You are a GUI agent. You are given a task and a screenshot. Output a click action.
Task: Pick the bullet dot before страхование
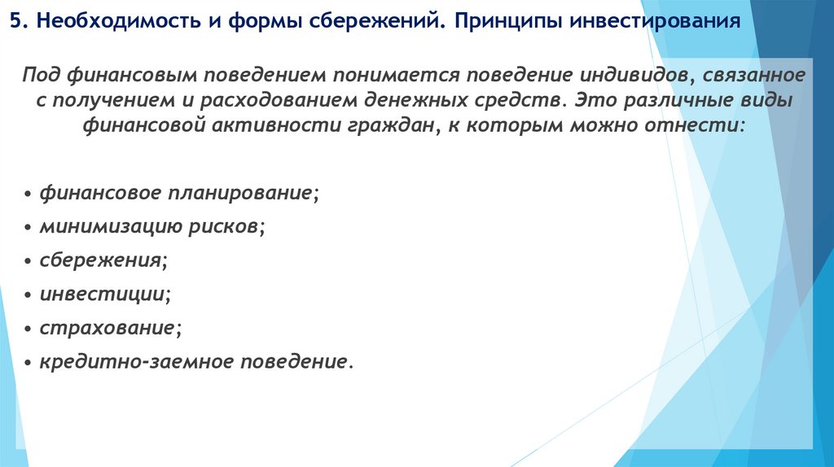tap(29, 329)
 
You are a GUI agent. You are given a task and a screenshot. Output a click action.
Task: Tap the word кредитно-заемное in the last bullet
tap(134, 360)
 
